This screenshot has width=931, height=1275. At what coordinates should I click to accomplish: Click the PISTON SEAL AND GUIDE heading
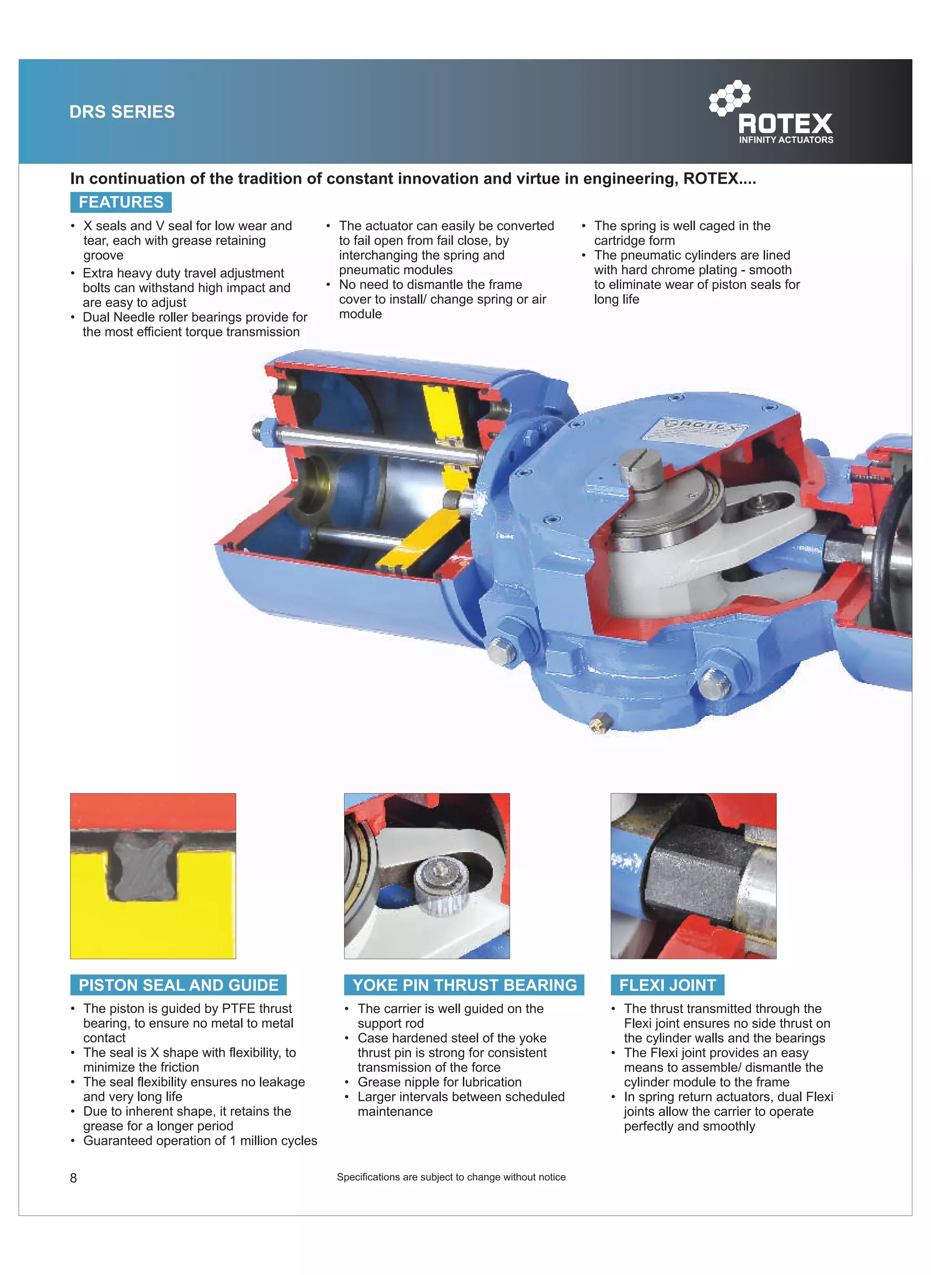[x=178, y=985]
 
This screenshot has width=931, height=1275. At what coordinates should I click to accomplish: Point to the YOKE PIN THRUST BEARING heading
[x=465, y=985]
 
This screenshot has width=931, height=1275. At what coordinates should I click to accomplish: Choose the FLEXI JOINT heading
[x=667, y=985]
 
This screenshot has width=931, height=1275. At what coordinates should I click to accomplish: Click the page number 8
[x=73, y=1178]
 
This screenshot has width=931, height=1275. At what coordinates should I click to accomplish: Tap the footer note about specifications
[x=451, y=1177]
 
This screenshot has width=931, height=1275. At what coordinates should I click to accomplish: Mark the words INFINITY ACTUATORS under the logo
[x=786, y=140]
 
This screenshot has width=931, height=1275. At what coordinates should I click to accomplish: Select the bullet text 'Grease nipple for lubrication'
[x=440, y=1082]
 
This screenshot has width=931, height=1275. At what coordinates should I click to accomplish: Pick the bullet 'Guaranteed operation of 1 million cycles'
[x=200, y=1140]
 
